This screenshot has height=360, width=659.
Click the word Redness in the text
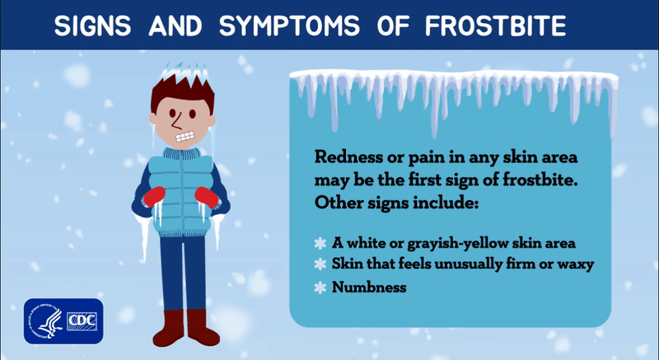[x=345, y=157]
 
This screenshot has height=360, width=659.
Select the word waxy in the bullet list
[x=577, y=265]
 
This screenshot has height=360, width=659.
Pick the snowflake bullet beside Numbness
[x=320, y=288]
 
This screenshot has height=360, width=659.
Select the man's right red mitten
[x=155, y=199]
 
